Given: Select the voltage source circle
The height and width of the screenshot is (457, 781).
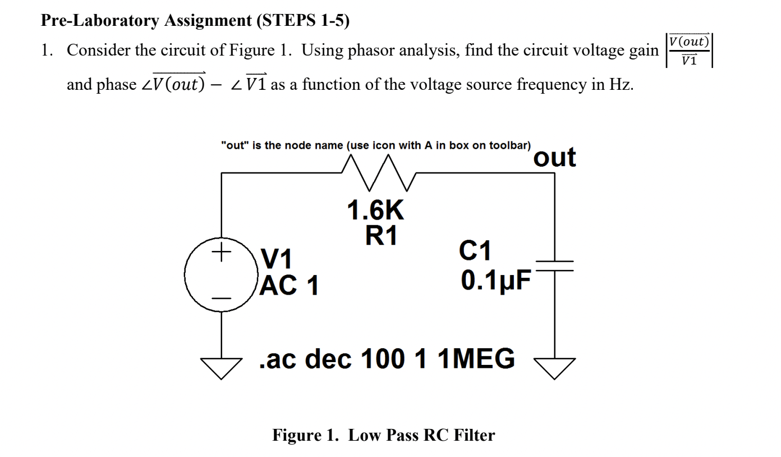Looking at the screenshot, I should (220, 275).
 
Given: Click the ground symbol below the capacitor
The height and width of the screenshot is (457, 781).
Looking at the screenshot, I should (555, 368).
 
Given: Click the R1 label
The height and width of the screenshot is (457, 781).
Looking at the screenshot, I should (382, 236).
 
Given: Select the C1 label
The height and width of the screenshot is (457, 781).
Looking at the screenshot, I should (475, 251).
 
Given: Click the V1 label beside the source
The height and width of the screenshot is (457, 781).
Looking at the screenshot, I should (278, 260).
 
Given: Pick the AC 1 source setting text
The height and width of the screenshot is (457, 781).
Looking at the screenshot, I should (290, 286).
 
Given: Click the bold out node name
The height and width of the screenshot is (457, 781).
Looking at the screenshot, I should (554, 157).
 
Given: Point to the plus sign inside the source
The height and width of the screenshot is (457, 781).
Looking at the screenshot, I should (221, 251).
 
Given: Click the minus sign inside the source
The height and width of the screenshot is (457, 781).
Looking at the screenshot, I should (221, 298).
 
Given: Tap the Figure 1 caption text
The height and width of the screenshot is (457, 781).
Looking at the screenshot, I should (384, 435).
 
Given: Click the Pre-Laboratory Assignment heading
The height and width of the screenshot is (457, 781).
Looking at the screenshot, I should (195, 21).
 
